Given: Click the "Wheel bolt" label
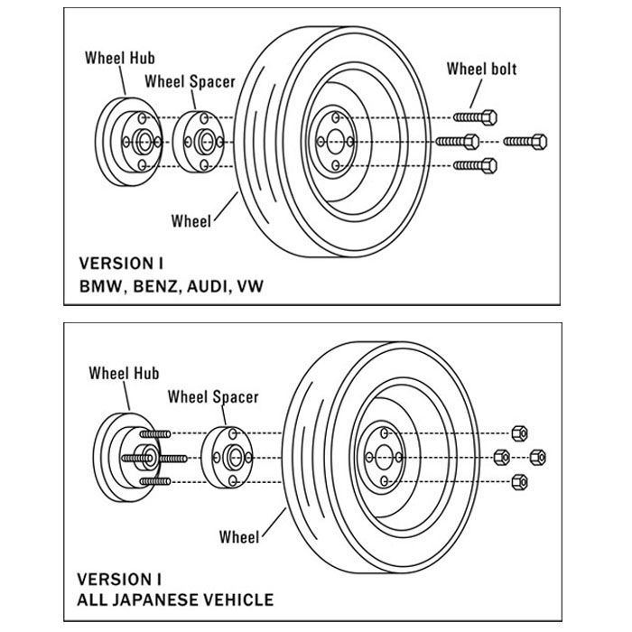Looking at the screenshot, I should [x=482, y=70].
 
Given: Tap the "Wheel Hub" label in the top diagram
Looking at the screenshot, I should [x=120, y=57].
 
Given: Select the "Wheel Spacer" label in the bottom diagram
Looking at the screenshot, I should [x=213, y=396].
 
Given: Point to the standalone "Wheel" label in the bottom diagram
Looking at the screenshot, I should [x=239, y=537].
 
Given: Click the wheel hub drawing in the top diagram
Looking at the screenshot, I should [x=128, y=141].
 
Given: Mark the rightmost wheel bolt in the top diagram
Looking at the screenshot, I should [x=525, y=141].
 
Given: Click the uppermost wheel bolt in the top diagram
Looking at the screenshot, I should [x=476, y=118].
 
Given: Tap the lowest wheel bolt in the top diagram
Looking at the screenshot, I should [x=476, y=164].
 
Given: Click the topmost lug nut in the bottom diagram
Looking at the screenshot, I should [x=518, y=430].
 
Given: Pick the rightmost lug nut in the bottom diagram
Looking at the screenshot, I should [x=540, y=456].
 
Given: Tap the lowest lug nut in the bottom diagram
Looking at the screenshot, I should [x=518, y=482].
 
